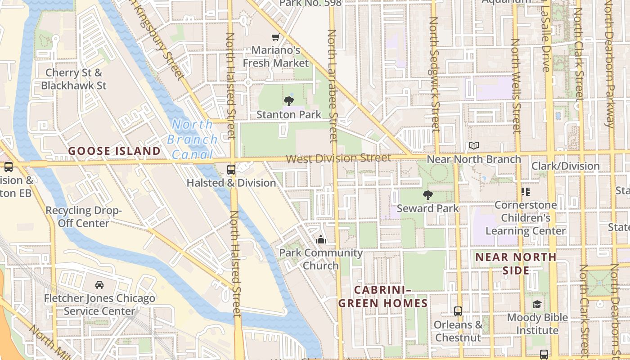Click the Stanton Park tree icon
tap(289, 101)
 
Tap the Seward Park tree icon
tap(427, 195)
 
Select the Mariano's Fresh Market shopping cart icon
tap(275, 37)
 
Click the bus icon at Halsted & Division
tap(231, 170)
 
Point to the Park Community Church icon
tap(320, 239)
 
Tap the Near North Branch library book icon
tap(473, 146)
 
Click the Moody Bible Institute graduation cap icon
tap(537, 305)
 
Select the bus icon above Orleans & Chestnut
tap(458, 311)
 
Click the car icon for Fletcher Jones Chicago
tap(99, 284)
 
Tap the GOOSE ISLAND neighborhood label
tap(114, 151)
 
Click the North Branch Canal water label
tap(192, 139)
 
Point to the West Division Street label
tap(338, 158)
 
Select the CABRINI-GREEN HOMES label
tap(383, 296)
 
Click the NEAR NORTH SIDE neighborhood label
tap(516, 264)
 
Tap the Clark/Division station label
tap(565, 166)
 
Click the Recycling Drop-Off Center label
tap(84, 216)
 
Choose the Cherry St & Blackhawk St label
tap(74, 79)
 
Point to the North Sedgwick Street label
tap(434, 74)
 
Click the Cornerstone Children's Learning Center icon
tap(525, 192)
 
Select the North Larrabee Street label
tap(333, 85)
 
